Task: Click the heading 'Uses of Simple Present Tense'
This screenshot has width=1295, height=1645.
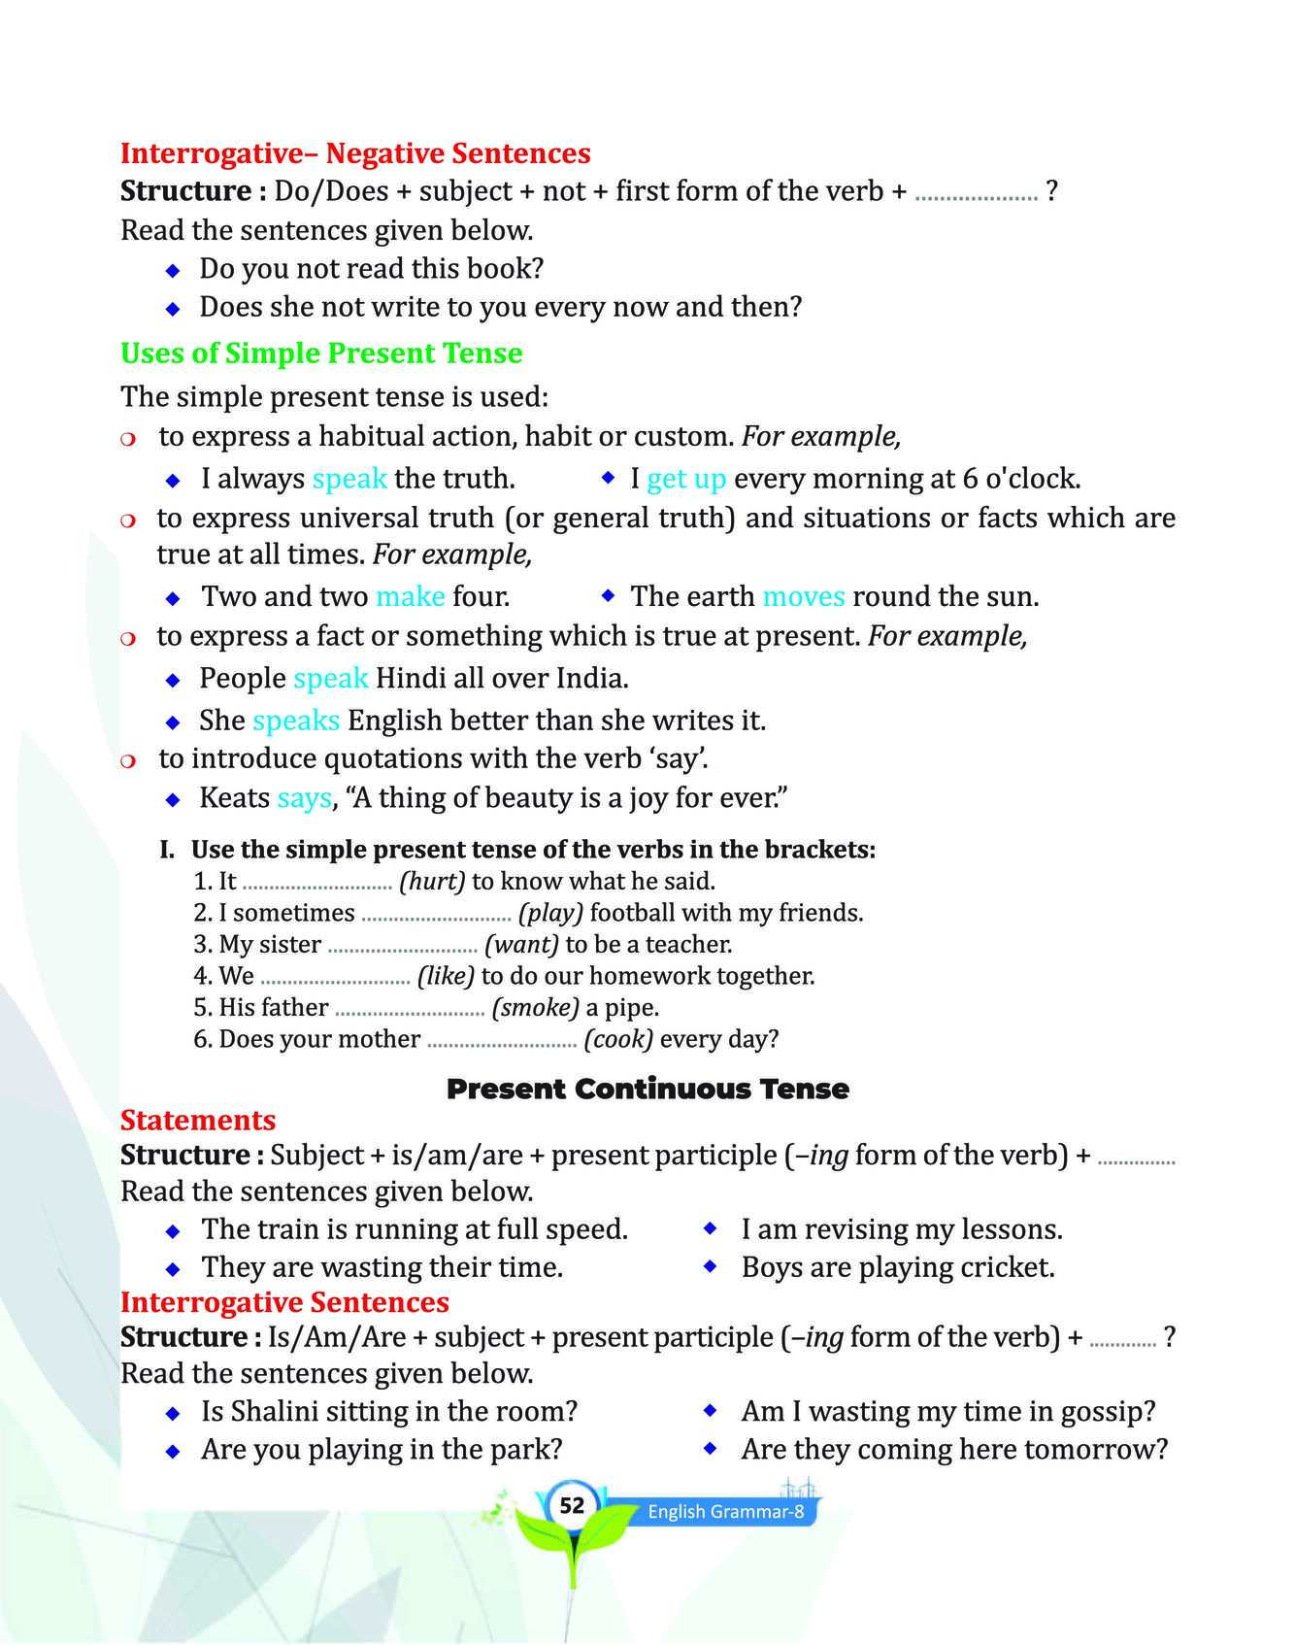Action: click(x=321, y=353)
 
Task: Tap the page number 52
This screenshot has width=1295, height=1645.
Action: click(x=573, y=1505)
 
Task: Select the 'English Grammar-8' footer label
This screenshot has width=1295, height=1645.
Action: click(x=725, y=1512)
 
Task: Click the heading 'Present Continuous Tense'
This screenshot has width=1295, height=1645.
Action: click(x=647, y=1089)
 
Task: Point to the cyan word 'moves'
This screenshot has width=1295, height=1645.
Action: click(x=804, y=596)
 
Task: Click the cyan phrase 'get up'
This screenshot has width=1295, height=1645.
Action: click(x=686, y=479)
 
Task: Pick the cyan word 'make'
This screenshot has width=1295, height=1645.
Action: click(x=411, y=596)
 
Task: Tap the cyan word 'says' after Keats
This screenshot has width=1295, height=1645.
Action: click(x=304, y=798)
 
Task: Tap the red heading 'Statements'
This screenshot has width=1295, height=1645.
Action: click(x=198, y=1121)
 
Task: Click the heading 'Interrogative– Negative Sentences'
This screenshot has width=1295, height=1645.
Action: click(x=355, y=153)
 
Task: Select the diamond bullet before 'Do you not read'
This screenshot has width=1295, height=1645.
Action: click(x=173, y=270)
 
